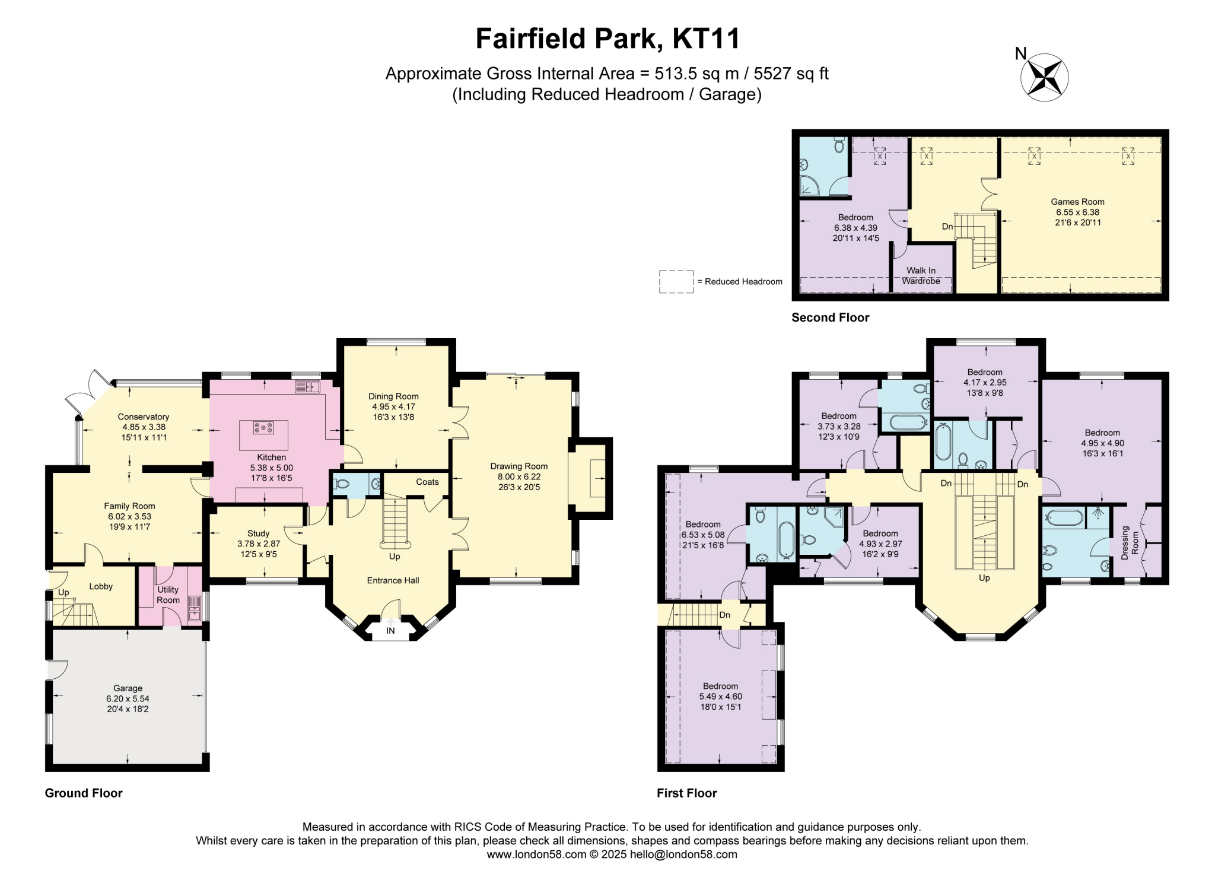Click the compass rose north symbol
(1044, 77)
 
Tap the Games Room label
(1077, 202)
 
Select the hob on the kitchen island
(263, 427)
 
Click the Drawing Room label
(519, 466)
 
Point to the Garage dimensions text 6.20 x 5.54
(128, 699)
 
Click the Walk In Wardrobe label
(921, 276)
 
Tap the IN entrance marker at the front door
(390, 631)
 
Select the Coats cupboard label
(427, 482)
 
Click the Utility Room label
(168, 595)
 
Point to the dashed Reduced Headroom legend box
(676, 281)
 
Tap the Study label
(258, 533)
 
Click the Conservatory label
(144, 417)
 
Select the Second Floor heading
(830, 317)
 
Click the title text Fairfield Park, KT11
(607, 39)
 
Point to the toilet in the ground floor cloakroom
(341, 484)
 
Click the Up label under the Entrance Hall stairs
(395, 557)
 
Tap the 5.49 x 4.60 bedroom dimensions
(720, 697)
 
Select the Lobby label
(101, 586)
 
